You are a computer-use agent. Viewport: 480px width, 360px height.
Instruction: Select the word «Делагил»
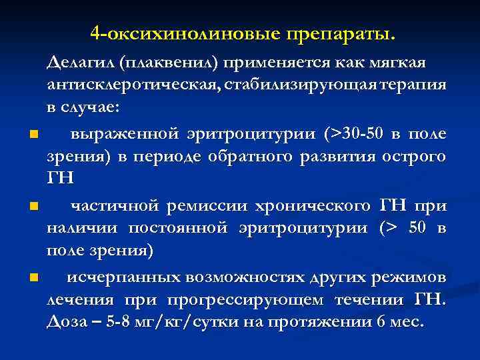point(79,63)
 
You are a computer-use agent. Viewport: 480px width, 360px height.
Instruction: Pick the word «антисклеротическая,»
point(133,85)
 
